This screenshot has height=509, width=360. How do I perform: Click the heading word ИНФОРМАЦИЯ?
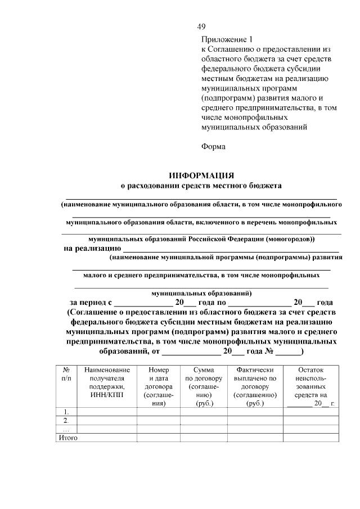[x=201, y=175]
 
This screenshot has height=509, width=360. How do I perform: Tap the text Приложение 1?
[x=228, y=39]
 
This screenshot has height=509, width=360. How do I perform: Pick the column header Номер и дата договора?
[x=158, y=386]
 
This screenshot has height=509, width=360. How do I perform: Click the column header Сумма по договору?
[x=203, y=386]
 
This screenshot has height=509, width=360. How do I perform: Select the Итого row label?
[x=67, y=438]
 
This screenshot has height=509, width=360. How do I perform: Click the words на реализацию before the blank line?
[x=92, y=248]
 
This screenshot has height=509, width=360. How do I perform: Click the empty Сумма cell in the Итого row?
[x=203, y=438]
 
